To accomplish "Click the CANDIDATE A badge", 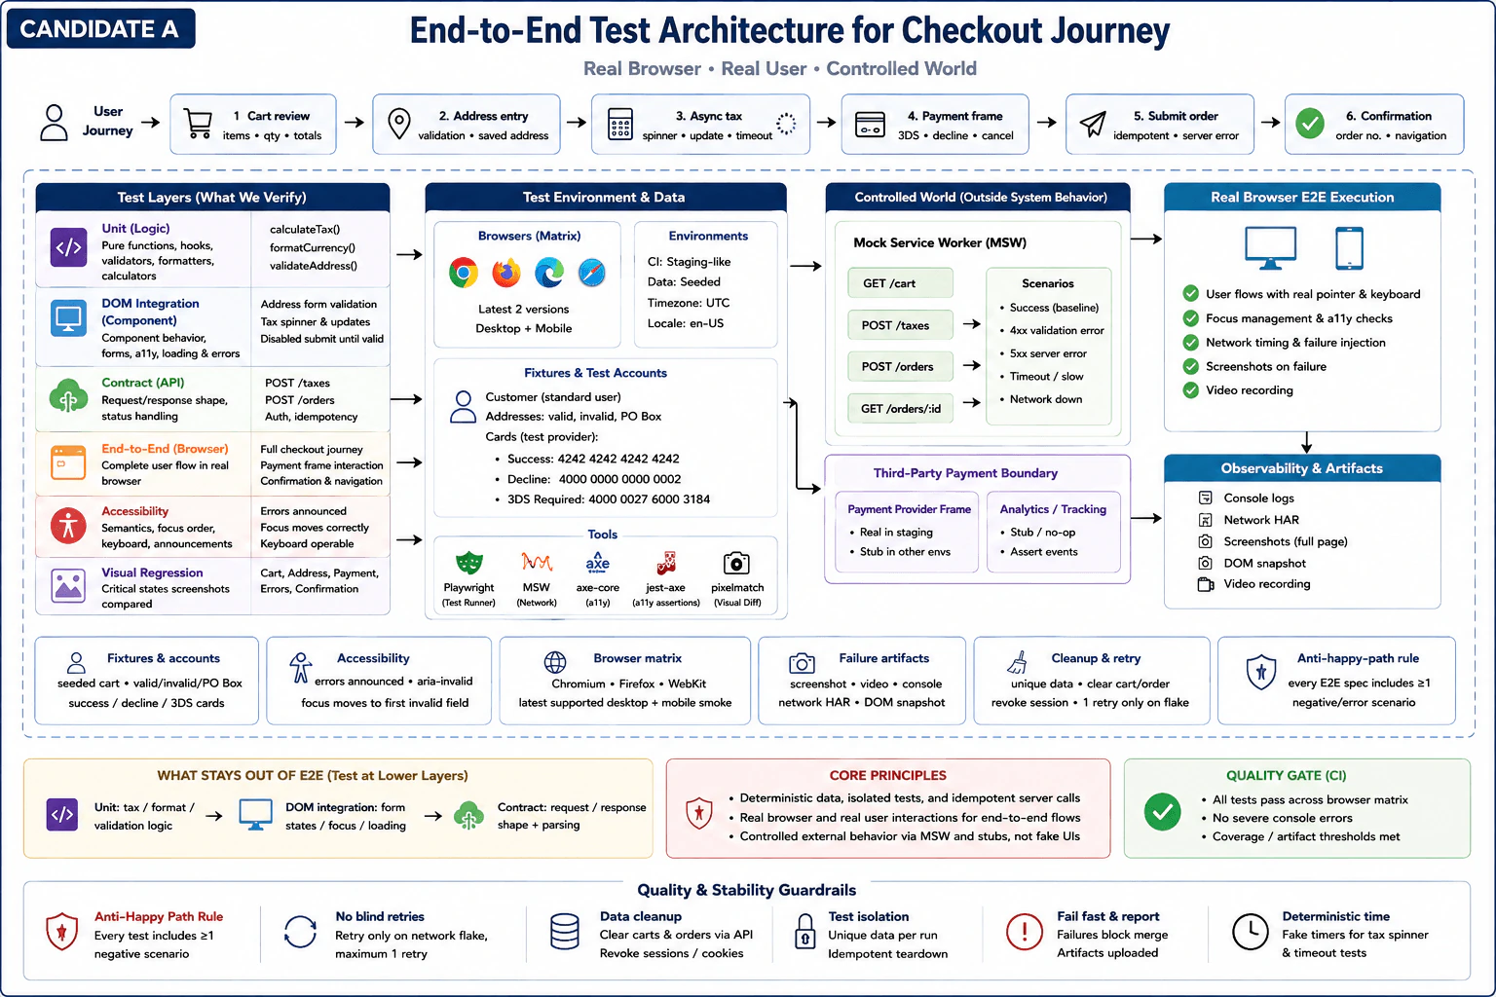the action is [101, 28].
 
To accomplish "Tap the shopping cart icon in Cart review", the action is [198, 124].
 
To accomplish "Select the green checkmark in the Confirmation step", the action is [1310, 124].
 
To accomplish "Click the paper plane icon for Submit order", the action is [1093, 124].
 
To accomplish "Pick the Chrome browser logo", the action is [464, 273].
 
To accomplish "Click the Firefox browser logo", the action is [506, 273].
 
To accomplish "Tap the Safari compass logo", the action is [592, 273].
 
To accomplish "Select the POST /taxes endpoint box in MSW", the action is [900, 325].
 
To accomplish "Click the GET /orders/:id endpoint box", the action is [900, 408].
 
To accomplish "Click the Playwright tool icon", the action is [468, 563].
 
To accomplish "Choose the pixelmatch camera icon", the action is [736, 563].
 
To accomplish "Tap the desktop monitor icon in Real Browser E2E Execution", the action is [1270, 247].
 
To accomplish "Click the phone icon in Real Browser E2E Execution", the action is [1349, 247].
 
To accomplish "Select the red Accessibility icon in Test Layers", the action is [68, 526].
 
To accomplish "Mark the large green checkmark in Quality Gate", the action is [1162, 811].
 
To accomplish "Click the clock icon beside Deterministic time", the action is [1250, 931].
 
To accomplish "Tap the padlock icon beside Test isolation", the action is [804, 932].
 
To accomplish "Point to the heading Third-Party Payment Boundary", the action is [965, 473].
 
